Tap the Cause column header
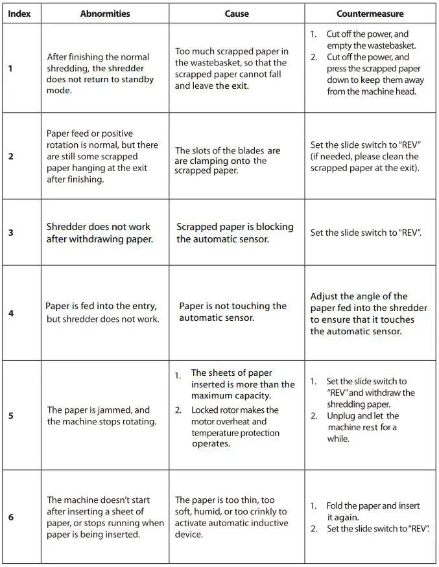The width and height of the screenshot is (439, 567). tap(237, 14)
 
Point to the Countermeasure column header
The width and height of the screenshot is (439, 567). tap(370, 14)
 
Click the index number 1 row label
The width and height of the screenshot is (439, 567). tap(10, 69)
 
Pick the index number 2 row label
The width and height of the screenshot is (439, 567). tap(10, 156)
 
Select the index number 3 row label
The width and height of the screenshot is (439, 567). tap(10, 233)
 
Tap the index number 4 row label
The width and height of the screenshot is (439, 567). tap(10, 313)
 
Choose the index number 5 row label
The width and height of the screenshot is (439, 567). tap(10, 415)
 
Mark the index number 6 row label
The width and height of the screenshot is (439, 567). tap(10, 517)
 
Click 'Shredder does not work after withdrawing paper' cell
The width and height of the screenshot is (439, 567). tap(98, 233)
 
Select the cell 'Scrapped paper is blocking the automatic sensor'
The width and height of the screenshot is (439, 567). tap(235, 233)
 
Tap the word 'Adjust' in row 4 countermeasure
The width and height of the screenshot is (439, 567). tap(326, 296)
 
